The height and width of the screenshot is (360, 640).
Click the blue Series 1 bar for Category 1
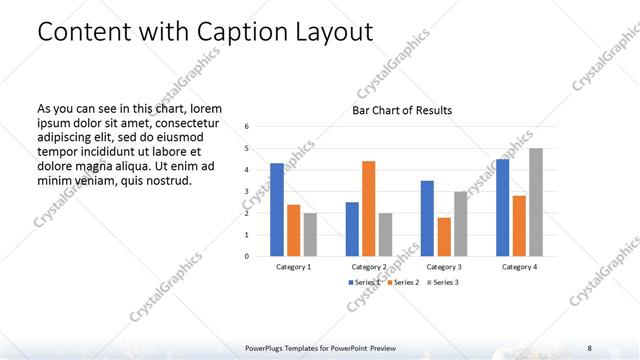tap(277, 209)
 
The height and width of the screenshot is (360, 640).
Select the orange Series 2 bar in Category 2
tap(368, 208)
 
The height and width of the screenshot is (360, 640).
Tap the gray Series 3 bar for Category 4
tap(536, 202)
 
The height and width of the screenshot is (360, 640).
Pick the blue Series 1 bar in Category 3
tap(427, 218)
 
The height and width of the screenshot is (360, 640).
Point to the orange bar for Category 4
tap(519, 225)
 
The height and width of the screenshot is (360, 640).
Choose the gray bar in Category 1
tap(310, 234)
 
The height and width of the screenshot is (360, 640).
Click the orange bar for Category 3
tap(443, 236)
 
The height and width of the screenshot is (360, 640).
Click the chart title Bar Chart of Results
tap(402, 110)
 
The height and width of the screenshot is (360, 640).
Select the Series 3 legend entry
tap(443, 283)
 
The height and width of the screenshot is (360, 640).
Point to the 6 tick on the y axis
tap(247, 127)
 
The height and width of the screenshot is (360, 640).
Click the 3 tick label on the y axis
tap(247, 191)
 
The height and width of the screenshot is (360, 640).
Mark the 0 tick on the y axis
tap(247, 256)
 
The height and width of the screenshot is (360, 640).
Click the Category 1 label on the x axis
tap(293, 267)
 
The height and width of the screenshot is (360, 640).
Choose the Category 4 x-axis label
tap(518, 267)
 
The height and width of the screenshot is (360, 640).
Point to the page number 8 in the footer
tap(588, 347)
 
